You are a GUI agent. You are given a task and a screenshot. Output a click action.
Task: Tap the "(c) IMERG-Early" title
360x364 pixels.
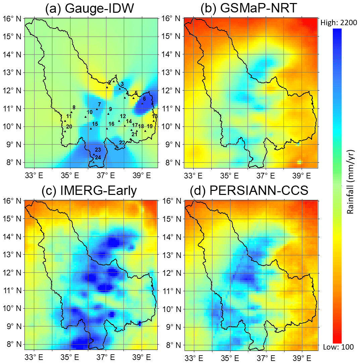[89, 191]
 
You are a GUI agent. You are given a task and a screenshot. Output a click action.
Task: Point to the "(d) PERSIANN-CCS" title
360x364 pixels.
[249, 191]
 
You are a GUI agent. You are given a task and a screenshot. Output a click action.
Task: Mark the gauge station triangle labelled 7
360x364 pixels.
[97, 109]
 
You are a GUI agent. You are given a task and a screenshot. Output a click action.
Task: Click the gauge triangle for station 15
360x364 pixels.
[91, 128]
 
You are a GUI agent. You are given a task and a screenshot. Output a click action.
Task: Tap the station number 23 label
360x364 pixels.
[98, 150]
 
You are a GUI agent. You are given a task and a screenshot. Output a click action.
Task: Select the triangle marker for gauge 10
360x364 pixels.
[86, 117]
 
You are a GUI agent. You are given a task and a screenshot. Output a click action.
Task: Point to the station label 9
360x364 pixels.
[110, 109]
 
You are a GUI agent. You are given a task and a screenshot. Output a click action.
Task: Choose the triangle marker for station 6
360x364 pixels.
[142, 103]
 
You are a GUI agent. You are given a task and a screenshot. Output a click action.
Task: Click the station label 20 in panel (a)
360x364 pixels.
[69, 126]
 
